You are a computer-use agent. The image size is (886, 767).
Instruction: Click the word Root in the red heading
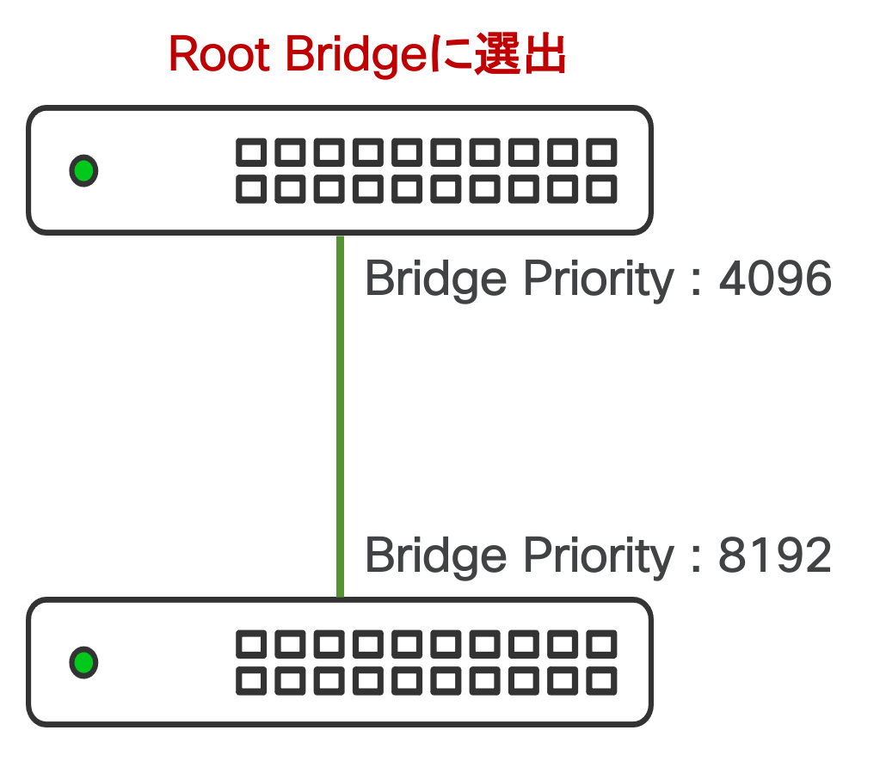coord(219,54)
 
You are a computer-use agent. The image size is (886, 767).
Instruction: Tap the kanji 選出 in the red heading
coord(520,54)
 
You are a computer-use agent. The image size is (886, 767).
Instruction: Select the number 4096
coord(775,278)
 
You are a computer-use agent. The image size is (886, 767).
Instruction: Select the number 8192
coord(775,555)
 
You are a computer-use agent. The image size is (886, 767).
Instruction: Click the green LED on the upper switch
coord(83,170)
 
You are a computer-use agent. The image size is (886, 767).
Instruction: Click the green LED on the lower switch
coord(83,662)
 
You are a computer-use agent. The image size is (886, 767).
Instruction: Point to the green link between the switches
coord(340,416)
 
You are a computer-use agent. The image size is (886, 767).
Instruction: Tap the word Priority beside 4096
coord(599,280)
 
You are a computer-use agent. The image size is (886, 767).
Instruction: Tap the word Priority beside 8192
coord(599,557)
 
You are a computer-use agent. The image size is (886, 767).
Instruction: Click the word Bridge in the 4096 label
coord(436,280)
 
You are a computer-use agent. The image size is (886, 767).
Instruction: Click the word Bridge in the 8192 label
coord(436,557)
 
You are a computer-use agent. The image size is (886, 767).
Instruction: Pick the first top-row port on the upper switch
coord(251,152)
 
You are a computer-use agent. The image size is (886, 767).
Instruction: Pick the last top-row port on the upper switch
coord(601,152)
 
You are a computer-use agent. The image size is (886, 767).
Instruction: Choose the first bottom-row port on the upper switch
coord(251,189)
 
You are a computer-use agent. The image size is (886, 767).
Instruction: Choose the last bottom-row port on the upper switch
coord(601,189)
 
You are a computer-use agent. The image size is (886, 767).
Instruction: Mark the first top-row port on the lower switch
coord(251,644)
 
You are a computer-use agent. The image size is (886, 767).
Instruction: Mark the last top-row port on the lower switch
coord(601,644)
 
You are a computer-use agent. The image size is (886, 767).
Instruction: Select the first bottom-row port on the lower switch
coord(251,681)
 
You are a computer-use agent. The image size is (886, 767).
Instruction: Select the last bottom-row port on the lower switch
coord(601,681)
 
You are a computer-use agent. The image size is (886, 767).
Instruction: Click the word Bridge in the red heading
coord(356,55)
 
